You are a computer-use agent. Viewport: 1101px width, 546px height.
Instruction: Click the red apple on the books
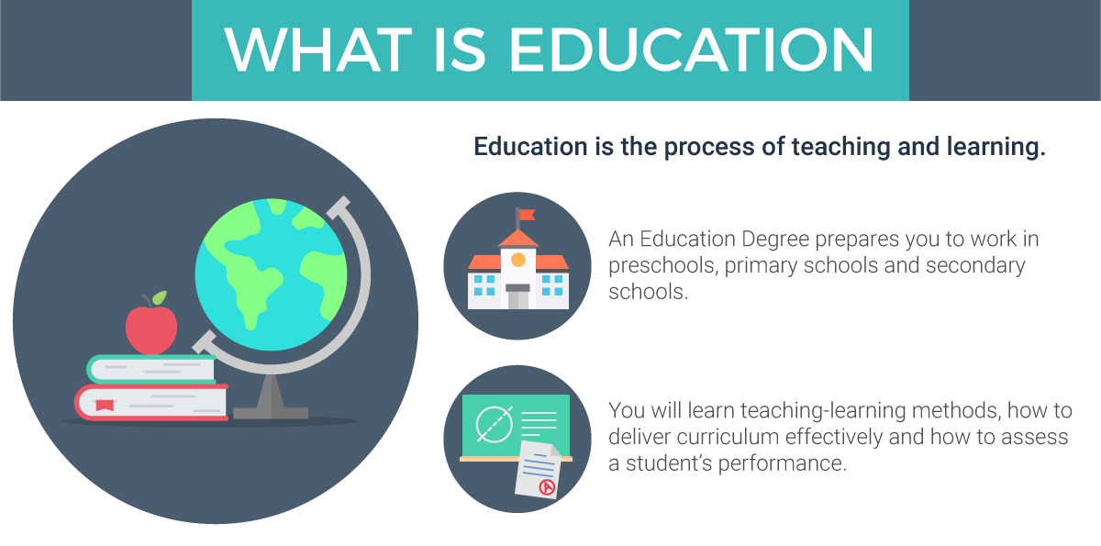(150, 329)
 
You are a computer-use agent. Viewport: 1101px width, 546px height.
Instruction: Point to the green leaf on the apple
(161, 298)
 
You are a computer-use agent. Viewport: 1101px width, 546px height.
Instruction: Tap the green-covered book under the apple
(151, 369)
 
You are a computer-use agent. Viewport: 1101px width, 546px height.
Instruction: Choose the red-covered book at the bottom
(151, 402)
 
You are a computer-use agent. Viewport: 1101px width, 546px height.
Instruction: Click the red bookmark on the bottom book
(105, 404)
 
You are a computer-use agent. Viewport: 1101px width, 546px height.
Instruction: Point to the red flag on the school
(526, 217)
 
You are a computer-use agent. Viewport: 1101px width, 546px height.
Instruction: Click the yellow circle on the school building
(518, 260)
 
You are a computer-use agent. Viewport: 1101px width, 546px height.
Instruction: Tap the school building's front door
(518, 297)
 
